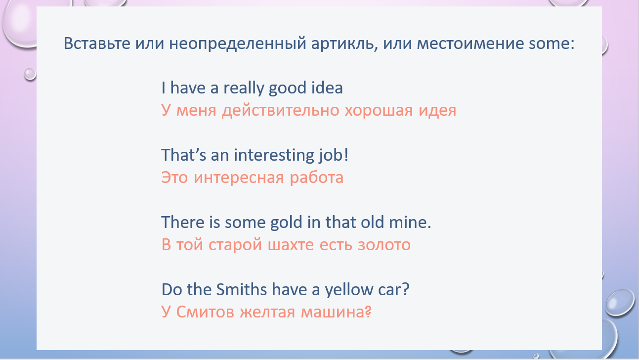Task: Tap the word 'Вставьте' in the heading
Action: [97, 44]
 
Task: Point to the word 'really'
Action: [244, 88]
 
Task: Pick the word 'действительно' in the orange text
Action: [281, 110]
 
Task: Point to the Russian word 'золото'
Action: [384, 245]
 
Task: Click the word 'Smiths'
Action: [241, 289]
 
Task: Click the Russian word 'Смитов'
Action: [206, 312]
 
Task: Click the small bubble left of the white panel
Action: [30, 74]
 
